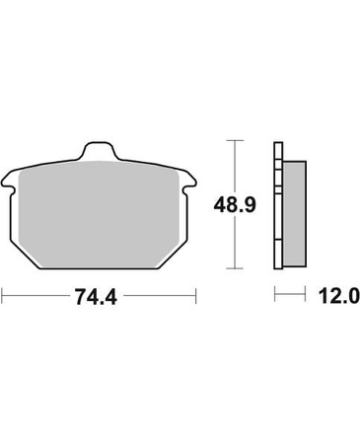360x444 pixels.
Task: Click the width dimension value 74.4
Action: click(x=96, y=297)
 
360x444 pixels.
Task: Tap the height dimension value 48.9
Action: click(x=235, y=205)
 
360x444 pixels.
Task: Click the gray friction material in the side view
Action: click(x=294, y=214)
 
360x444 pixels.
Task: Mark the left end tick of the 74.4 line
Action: click(x=3, y=296)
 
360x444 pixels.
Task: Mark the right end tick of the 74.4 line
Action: click(x=195, y=296)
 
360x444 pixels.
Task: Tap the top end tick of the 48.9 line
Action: click(x=235, y=140)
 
